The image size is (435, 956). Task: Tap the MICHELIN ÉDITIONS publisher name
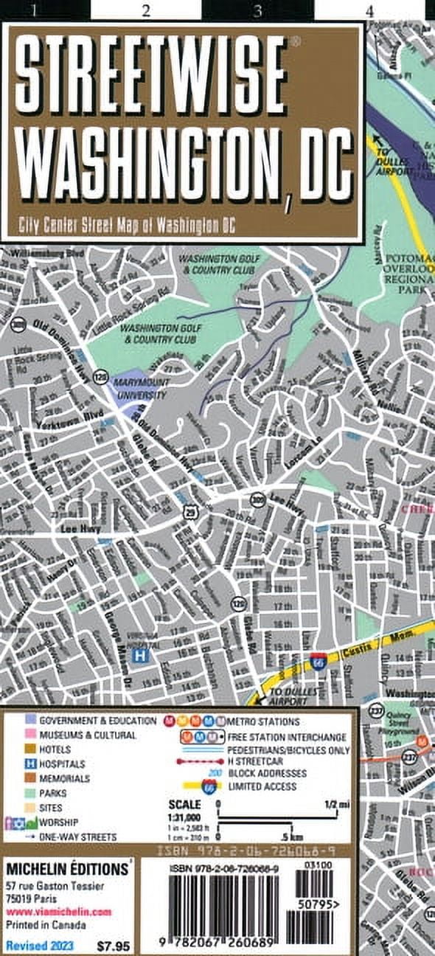pos(66,871)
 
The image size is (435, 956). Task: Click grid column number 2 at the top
pos(145,10)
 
